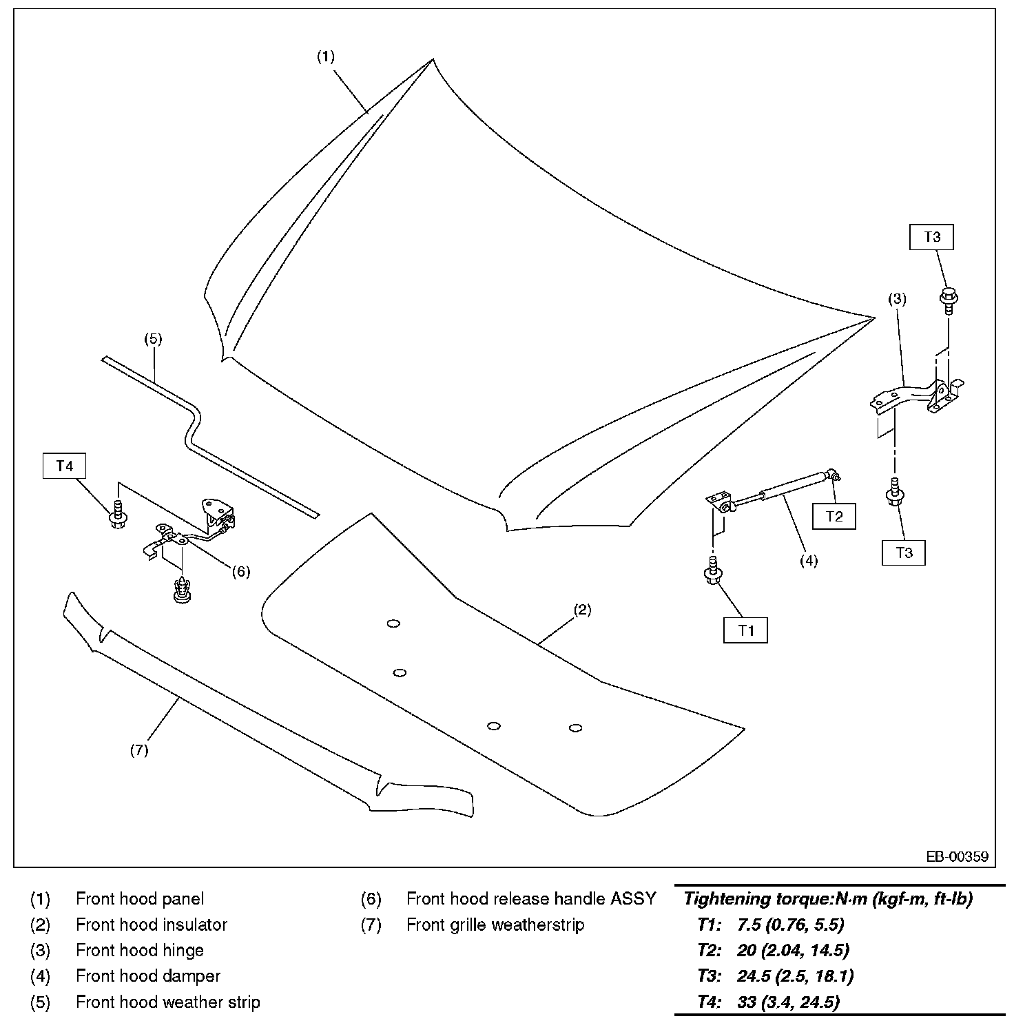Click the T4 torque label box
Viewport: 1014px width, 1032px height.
point(64,466)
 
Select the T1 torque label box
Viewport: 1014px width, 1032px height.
point(745,630)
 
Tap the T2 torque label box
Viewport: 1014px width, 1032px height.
point(834,517)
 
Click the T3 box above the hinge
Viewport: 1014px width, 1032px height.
point(932,237)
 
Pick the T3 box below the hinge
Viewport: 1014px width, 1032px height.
point(904,553)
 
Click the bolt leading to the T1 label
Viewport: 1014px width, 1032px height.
point(713,570)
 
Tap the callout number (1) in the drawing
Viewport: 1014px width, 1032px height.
point(325,56)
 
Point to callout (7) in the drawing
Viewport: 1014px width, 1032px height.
point(139,750)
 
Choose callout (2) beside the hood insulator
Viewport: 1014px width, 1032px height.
point(582,610)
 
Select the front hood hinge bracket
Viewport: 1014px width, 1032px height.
point(916,396)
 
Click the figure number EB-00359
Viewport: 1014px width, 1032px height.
point(957,857)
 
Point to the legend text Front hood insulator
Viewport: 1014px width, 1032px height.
point(152,925)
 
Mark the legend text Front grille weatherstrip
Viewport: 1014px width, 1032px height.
point(495,925)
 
